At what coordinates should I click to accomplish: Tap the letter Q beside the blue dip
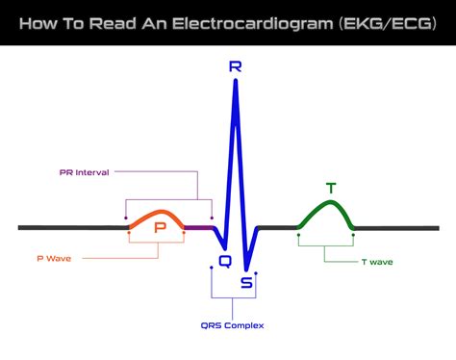click(225, 260)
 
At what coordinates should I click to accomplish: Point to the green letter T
click(331, 188)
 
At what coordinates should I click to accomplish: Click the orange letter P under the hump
click(161, 229)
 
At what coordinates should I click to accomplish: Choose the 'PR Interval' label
click(84, 172)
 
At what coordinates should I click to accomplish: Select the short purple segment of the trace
click(197, 228)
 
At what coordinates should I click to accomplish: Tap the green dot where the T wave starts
click(299, 231)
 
